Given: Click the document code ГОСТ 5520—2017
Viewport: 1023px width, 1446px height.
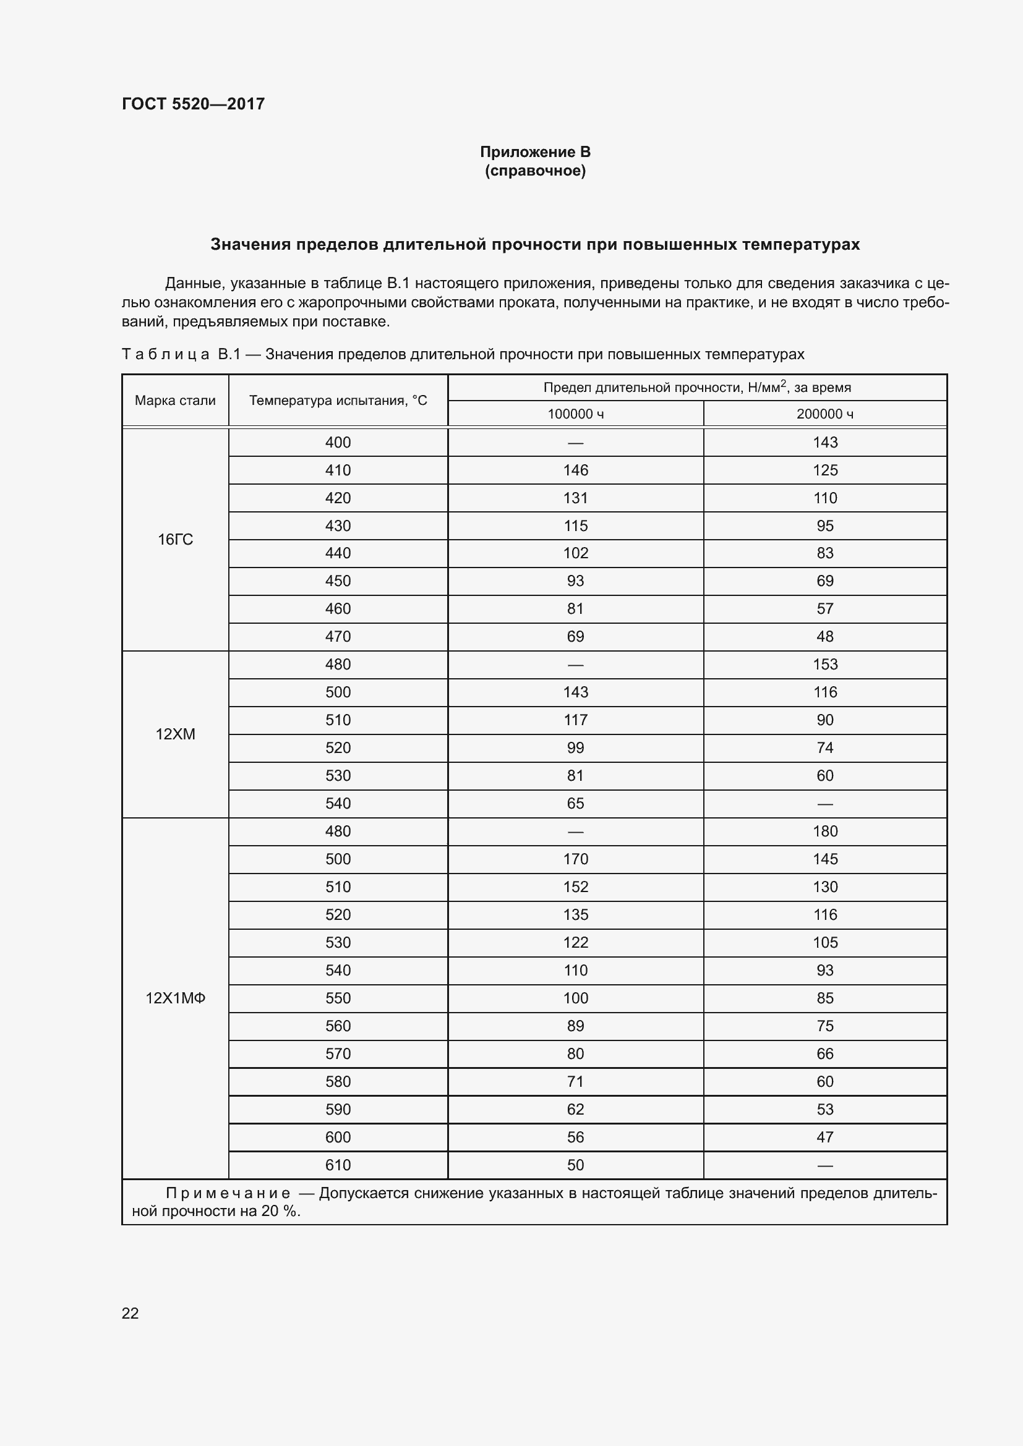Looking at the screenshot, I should [x=193, y=104].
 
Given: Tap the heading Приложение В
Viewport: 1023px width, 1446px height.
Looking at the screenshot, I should [x=535, y=152].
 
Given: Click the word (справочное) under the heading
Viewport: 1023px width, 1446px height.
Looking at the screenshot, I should [x=535, y=171].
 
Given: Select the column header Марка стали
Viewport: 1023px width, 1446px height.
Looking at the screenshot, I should [x=175, y=401].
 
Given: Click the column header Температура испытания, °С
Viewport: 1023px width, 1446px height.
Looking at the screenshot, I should [x=338, y=401].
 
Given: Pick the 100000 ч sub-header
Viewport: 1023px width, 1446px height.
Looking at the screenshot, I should [x=575, y=414].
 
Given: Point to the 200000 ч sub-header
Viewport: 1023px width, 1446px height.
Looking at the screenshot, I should [x=824, y=414].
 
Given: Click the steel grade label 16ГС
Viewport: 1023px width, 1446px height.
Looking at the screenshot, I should [x=175, y=539].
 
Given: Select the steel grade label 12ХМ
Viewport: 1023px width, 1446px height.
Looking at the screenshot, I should [x=175, y=734].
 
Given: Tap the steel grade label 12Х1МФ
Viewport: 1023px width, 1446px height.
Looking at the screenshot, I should [x=175, y=998].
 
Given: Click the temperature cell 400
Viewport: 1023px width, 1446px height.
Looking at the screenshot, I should [x=338, y=442].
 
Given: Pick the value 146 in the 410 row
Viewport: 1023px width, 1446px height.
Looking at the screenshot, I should [x=575, y=470].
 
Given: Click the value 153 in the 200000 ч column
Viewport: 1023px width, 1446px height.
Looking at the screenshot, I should [x=824, y=664].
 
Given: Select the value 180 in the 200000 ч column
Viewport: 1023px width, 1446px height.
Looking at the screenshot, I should [x=824, y=831].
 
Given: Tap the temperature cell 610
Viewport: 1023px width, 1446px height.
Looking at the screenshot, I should [x=338, y=1165].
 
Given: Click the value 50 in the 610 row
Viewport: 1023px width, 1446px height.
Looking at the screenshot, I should [x=575, y=1165].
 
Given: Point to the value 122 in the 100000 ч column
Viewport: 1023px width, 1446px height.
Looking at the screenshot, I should [x=575, y=942].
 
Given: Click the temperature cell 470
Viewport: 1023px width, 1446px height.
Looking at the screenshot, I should [x=338, y=636].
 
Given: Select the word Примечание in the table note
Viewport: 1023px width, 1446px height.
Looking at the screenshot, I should [x=228, y=1193].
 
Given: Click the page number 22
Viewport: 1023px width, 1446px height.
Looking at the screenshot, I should [x=130, y=1313].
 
